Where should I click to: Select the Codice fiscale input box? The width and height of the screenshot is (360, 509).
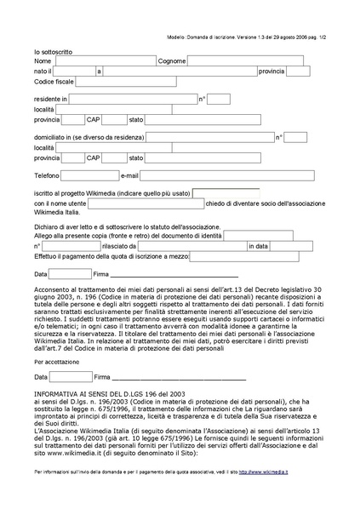pyautogui.click(x=119, y=82)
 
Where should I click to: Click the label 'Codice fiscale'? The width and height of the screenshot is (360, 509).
pyautogui.click(x=54, y=82)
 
